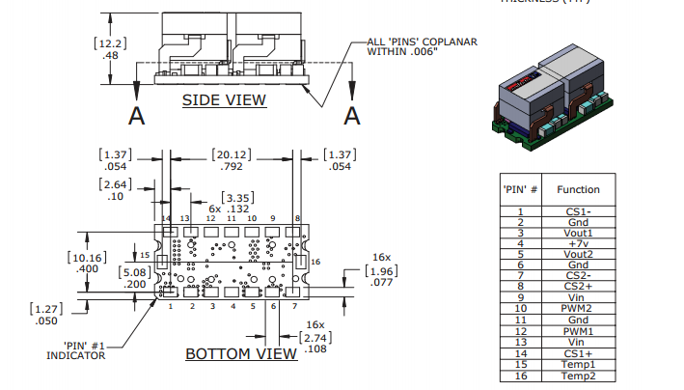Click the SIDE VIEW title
tap(224, 99)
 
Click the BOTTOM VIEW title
tap(241, 353)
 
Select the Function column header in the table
tap(578, 189)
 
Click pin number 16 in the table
tap(520, 375)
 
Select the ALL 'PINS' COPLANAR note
tap(424, 46)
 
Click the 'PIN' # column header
tap(520, 189)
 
